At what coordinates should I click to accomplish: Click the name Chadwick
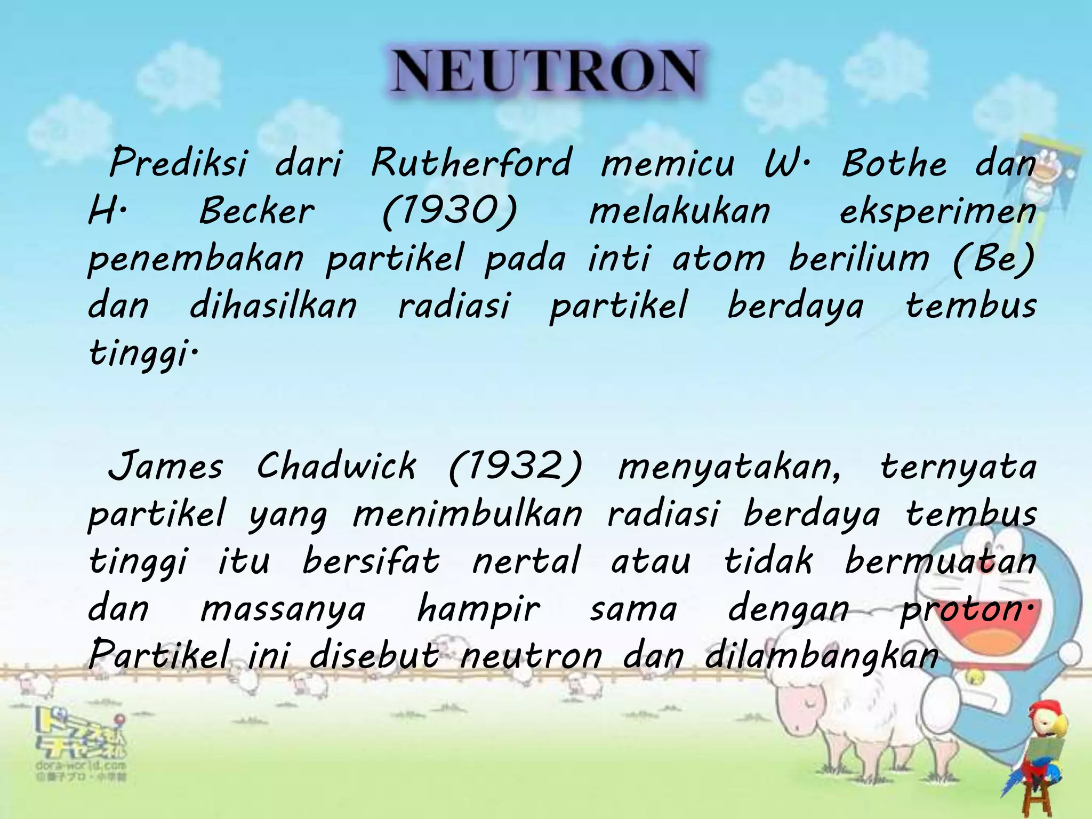point(336,465)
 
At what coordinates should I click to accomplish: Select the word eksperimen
point(937,212)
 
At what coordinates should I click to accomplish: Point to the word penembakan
point(195,259)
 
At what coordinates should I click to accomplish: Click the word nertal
point(526,561)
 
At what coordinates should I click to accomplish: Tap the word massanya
point(283,609)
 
